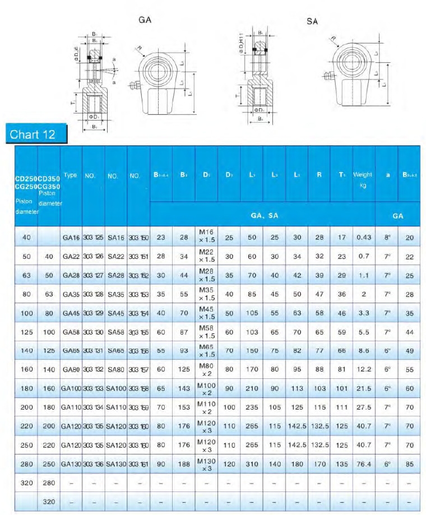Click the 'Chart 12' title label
coord(33,134)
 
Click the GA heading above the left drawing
coord(145,20)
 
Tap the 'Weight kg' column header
coord(363,180)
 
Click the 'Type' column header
coord(71,175)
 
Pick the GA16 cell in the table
coord(71,238)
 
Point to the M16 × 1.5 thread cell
coord(206,238)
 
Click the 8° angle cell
coord(387,238)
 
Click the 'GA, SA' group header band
coord(263,215)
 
